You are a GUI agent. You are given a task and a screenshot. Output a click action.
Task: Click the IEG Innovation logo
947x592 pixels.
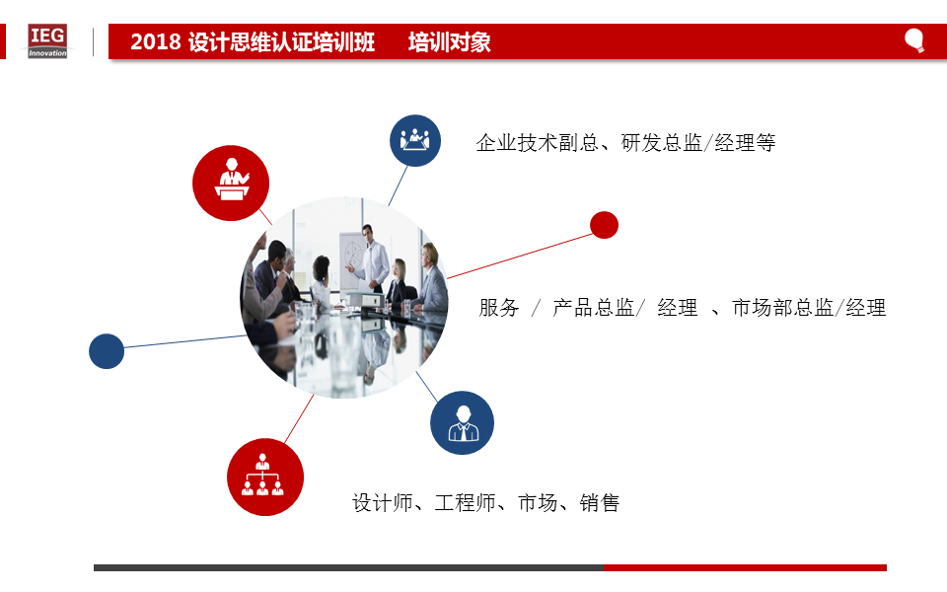47,41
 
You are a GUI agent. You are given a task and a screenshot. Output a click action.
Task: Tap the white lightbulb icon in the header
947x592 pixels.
914,40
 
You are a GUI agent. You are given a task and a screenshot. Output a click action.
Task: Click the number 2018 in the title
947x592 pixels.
155,41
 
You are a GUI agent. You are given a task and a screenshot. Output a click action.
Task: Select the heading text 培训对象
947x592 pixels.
450,41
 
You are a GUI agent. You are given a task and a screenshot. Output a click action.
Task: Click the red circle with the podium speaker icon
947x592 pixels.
231,184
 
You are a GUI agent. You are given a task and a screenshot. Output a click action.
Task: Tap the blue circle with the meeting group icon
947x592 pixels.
415,140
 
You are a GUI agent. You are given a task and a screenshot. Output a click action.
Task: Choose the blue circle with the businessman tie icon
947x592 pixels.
462,423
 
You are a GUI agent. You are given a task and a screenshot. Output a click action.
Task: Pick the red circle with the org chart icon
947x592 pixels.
265,477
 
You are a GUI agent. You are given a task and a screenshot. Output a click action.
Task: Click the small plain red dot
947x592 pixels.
604,225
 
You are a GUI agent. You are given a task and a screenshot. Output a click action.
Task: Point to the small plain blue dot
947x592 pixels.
107,351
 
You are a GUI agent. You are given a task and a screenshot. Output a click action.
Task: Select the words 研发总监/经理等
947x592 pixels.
698,143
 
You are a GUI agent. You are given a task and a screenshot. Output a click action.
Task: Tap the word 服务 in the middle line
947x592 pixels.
499,308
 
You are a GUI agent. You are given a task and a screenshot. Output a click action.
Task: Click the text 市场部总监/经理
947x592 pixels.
809,308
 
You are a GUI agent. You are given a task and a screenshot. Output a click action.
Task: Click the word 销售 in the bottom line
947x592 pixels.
600,502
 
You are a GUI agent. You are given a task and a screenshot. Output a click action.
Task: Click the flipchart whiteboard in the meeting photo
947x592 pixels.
353,260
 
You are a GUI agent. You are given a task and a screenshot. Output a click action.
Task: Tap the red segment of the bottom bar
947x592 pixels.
745,568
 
